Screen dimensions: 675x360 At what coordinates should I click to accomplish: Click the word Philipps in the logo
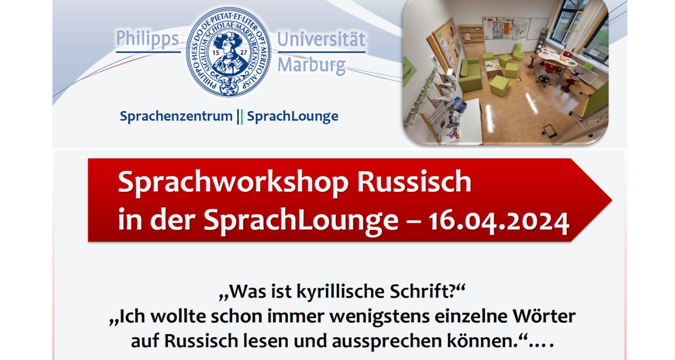pyautogui.click(x=147, y=40)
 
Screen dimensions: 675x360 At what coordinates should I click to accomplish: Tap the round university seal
pyautogui.click(x=229, y=52)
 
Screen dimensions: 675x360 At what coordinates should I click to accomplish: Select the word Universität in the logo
pyautogui.click(x=321, y=40)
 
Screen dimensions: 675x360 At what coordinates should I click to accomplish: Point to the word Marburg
pyautogui.click(x=311, y=65)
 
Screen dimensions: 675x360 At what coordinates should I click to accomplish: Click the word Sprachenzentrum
pyautogui.click(x=176, y=116)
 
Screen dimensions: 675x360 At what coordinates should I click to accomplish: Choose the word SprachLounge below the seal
pyautogui.click(x=293, y=116)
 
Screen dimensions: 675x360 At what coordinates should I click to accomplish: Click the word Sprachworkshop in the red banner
pyautogui.click(x=233, y=182)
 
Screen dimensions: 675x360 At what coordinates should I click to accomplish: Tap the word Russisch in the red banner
pyautogui.click(x=414, y=182)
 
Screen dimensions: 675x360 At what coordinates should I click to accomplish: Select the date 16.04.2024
pyautogui.click(x=499, y=221)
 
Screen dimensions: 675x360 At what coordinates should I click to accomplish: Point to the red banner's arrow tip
pyautogui.click(x=611, y=200)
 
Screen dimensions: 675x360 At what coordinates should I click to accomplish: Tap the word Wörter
pyautogui.click(x=544, y=317)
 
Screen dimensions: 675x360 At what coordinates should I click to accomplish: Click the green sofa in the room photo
pyautogui.click(x=470, y=76)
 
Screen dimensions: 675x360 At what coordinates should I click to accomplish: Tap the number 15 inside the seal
pyautogui.click(x=217, y=53)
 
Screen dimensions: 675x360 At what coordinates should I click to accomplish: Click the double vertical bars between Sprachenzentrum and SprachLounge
pyautogui.click(x=240, y=116)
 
